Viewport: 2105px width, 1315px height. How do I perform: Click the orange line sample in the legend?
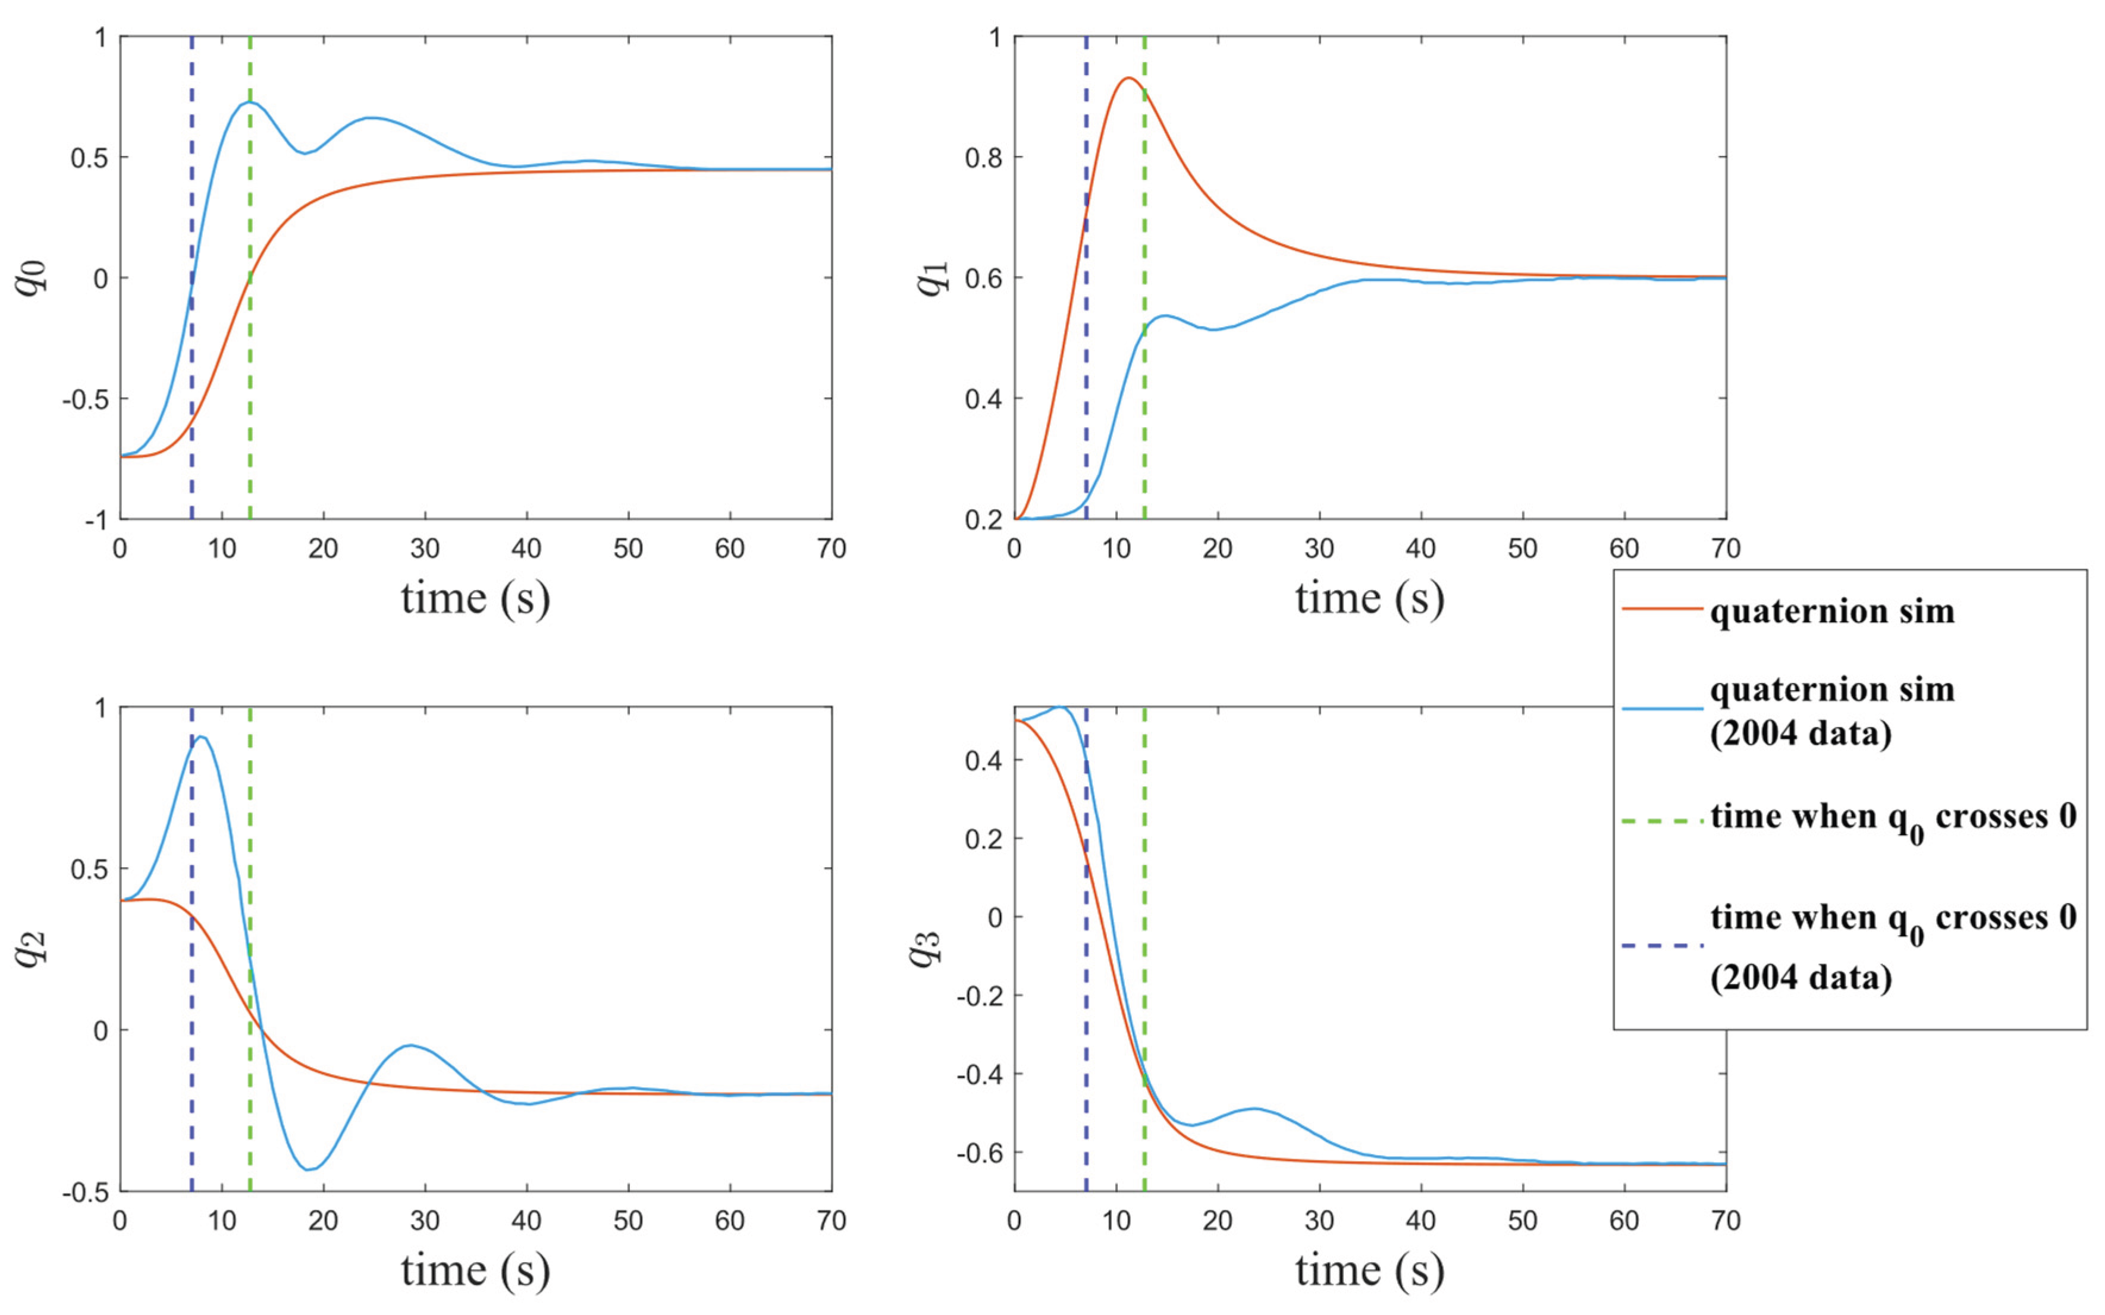pos(1662,609)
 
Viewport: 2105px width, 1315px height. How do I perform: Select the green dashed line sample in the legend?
pos(1662,820)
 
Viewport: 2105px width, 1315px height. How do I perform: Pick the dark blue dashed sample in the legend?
pos(1662,944)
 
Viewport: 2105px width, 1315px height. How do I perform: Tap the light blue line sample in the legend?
pos(1662,709)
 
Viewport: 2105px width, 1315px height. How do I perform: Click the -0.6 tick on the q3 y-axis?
pos(978,1153)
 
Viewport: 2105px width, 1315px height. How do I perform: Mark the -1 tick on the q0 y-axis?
pos(96,520)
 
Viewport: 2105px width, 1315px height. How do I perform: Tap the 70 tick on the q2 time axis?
pos(832,1221)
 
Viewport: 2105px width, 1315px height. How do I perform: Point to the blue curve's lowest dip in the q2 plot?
pos(309,1169)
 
